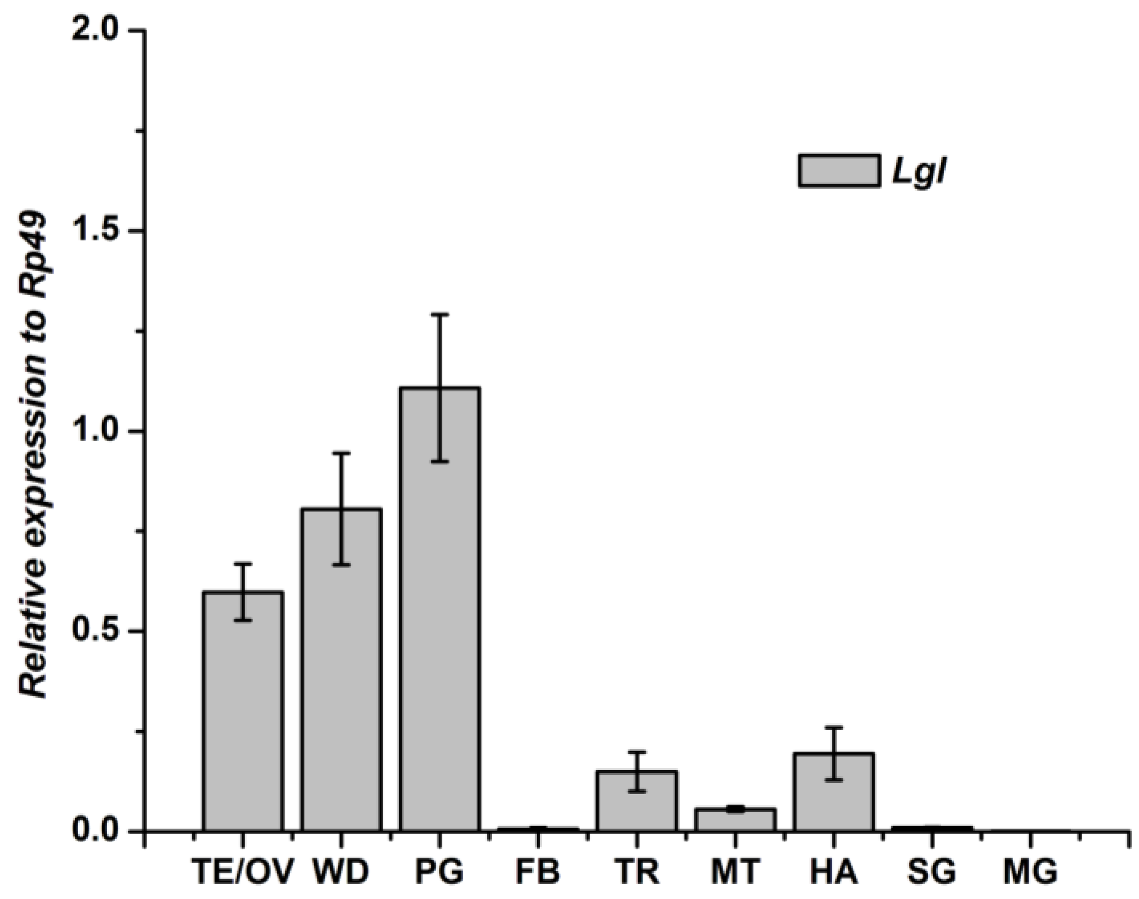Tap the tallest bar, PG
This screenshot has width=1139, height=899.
pos(439,616)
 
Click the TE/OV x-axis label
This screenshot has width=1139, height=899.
pos(243,872)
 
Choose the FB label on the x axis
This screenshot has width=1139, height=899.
pos(538,872)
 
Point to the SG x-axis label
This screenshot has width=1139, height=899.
pos(932,872)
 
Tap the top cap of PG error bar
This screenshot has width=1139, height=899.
pos(439,314)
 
